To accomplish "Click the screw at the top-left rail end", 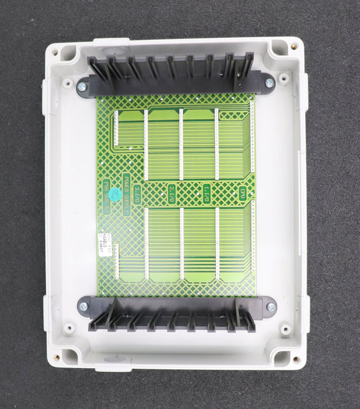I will tap(81, 87).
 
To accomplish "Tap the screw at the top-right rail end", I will tap(269, 84).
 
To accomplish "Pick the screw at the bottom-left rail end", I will tap(83, 306).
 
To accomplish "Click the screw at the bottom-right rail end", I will tap(270, 307).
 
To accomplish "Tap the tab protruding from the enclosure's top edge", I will tap(111, 41).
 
